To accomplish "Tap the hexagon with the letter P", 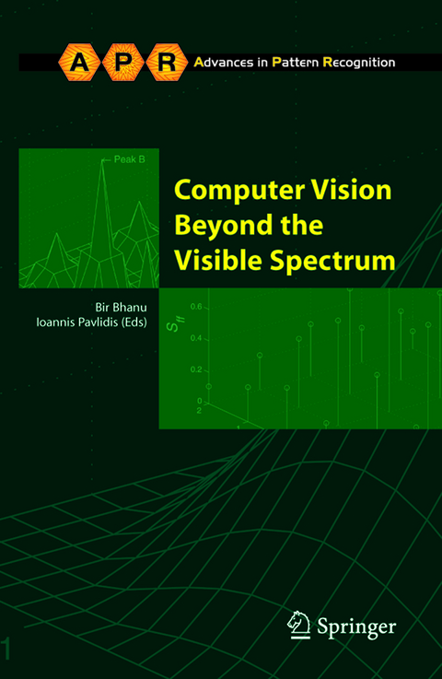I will click(122, 63).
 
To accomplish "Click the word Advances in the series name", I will click(224, 63).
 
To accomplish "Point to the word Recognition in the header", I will click(356, 63).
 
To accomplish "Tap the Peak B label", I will click(129, 158).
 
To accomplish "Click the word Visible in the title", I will click(215, 260).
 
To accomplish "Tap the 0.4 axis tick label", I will click(195, 338).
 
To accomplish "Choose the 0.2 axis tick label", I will click(195, 369).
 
